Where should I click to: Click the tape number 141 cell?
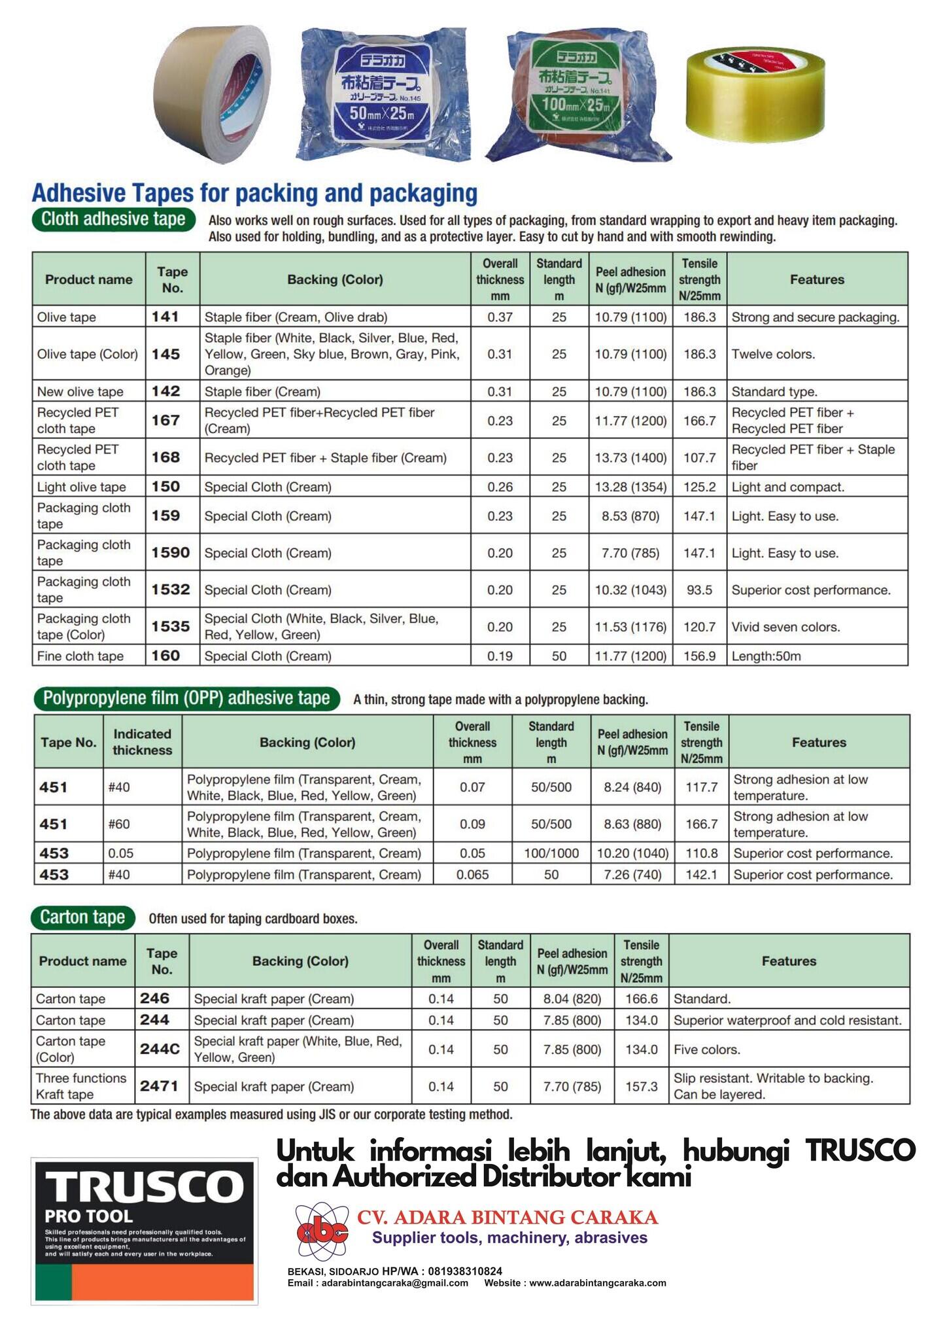point(165,317)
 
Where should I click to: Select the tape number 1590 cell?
point(170,553)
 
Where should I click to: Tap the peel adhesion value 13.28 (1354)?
point(630,487)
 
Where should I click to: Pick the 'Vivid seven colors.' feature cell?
point(785,627)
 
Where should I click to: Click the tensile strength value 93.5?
point(699,590)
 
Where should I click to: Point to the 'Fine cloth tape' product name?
point(80,656)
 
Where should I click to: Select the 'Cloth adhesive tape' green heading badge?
point(113,219)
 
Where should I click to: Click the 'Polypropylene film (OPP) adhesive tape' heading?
point(186,698)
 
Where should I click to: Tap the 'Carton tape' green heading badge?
point(82,917)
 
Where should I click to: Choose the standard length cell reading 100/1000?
point(551,853)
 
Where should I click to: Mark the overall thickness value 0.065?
point(472,874)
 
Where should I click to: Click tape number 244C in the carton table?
point(160,1049)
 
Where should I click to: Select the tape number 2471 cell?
point(159,1086)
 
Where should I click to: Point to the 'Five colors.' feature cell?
point(707,1049)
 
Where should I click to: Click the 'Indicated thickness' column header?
point(142,742)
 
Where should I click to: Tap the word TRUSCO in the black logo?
point(144,1186)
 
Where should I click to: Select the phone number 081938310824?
point(465,1271)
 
